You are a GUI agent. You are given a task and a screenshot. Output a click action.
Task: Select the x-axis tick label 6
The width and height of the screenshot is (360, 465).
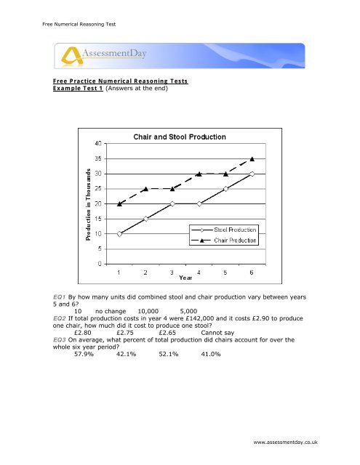pyautogui.click(x=252, y=272)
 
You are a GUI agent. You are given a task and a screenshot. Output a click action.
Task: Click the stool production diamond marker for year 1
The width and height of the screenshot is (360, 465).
pyautogui.click(x=119, y=233)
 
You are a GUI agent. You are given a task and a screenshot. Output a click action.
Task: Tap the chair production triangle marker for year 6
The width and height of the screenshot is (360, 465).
pyautogui.click(x=252, y=158)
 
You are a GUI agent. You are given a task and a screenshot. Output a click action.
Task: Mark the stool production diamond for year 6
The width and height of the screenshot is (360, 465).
pyautogui.click(x=252, y=174)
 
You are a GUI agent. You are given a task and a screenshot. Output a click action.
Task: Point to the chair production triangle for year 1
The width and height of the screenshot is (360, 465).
pyautogui.click(x=119, y=203)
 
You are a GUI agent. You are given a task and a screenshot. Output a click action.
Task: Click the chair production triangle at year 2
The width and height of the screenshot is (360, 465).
pyautogui.click(x=145, y=188)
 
